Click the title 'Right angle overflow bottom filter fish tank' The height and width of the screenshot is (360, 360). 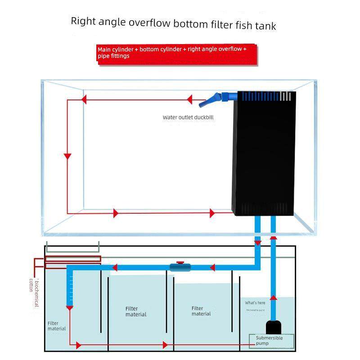click(x=173, y=23)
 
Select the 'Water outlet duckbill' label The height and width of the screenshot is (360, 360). click(x=188, y=117)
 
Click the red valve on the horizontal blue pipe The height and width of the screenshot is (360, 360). click(x=180, y=262)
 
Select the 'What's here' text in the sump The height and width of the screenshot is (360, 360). click(x=255, y=303)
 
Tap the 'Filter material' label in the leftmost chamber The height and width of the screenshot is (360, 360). click(x=56, y=326)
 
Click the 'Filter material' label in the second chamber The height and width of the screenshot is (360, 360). click(x=135, y=311)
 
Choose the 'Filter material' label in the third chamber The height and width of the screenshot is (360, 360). click(x=201, y=311)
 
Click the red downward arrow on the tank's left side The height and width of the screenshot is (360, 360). click(x=67, y=156)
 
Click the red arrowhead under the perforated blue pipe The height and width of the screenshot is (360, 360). click(x=69, y=307)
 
